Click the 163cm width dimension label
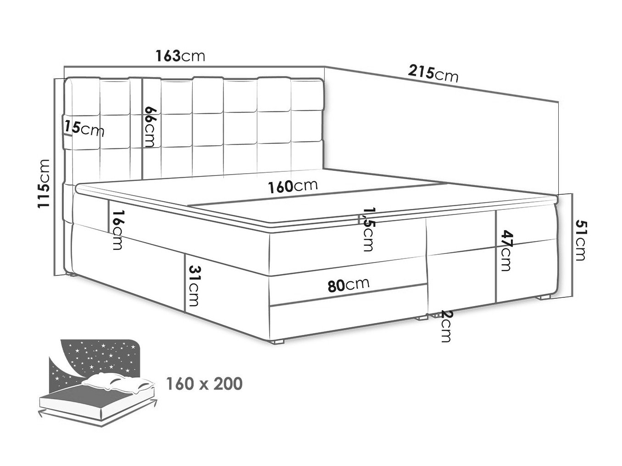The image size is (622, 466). pos(180,56)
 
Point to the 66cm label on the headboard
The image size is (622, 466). pos(150,126)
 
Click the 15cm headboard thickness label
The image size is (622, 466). pos(84,129)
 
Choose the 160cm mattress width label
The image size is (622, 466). pos(293,186)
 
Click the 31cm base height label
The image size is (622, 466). pos(194,286)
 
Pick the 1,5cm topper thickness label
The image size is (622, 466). pos(369,230)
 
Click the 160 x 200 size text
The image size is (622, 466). pos(204,384)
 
